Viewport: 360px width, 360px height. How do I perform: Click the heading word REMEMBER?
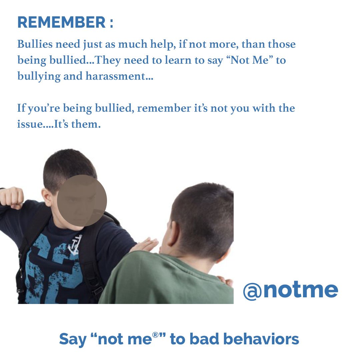point(61,22)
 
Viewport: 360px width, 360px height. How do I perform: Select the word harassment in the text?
point(119,77)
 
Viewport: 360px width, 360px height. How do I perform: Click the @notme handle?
point(290,290)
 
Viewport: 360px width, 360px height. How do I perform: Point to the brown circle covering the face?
point(82,201)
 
